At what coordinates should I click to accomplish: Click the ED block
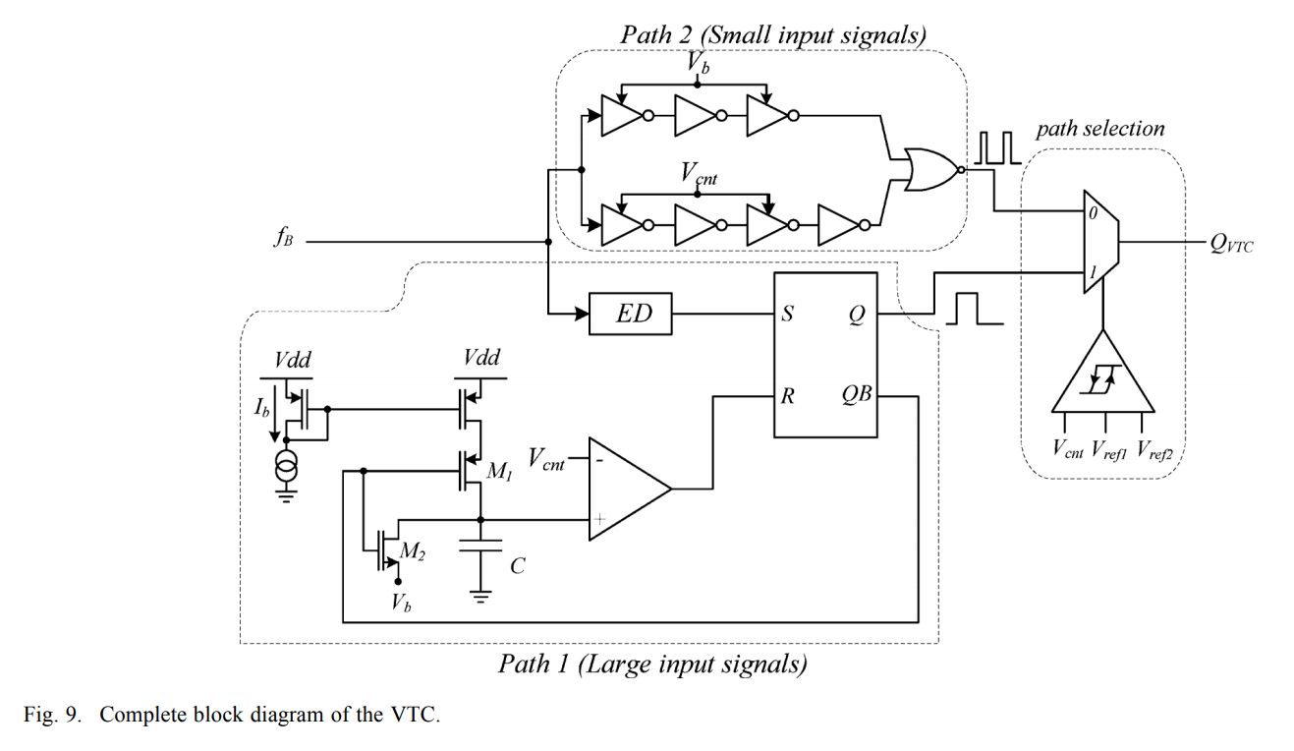pos(630,315)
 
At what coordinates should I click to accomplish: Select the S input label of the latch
pos(788,315)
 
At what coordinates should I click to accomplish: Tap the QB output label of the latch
pos(857,396)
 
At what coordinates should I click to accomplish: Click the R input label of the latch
pos(788,396)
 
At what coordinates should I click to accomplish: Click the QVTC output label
pos(1232,244)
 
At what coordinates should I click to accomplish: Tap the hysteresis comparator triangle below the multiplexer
pos(1104,378)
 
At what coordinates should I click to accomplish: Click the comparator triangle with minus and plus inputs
pos(625,489)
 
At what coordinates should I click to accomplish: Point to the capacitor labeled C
pos(480,547)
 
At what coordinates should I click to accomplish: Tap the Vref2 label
pos(1156,451)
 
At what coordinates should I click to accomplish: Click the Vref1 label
pos(1110,451)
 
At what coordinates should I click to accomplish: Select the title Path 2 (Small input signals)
pos(772,35)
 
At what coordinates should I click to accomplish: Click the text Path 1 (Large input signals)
pos(652,664)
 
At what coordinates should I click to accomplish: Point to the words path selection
pos(1099,129)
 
